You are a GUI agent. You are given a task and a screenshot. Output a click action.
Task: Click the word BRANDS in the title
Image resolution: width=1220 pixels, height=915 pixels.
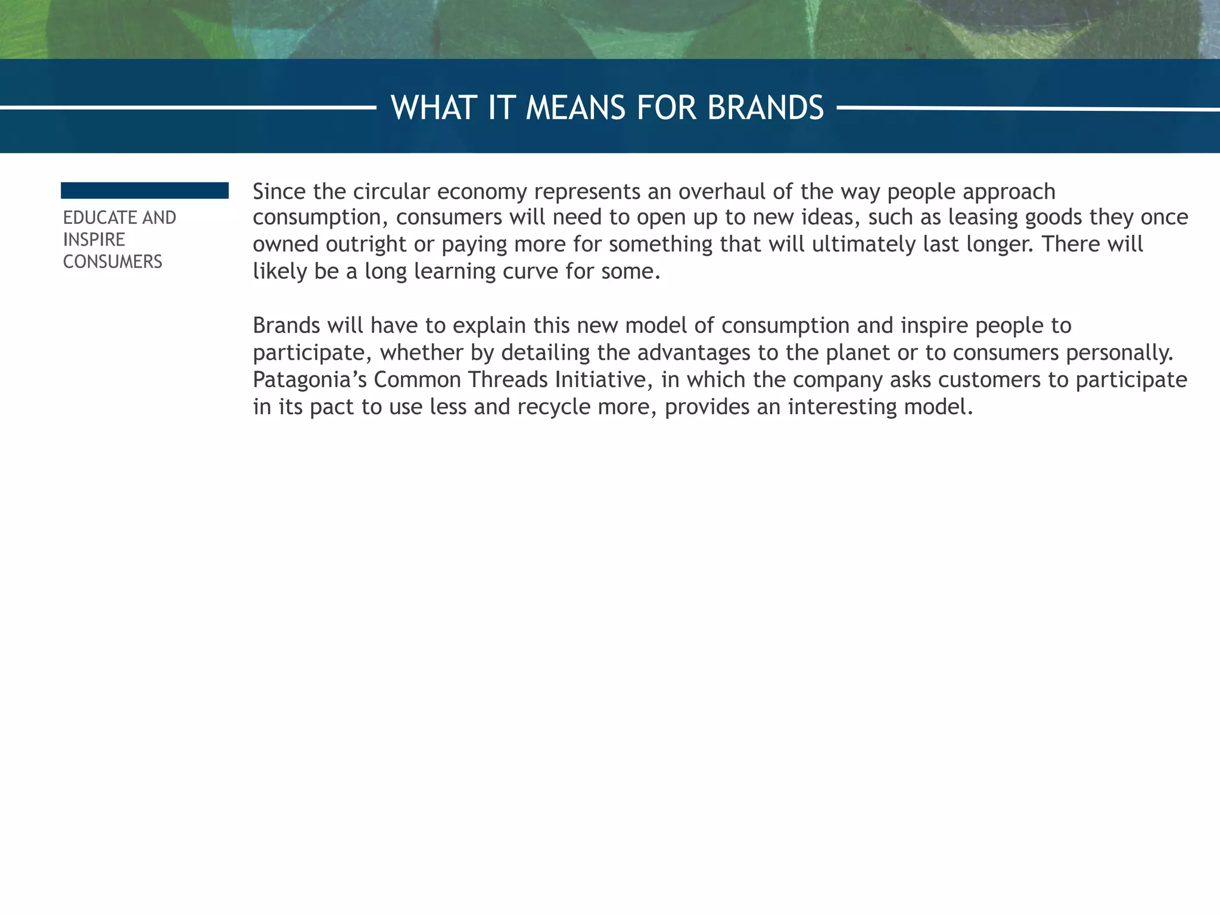[765, 108]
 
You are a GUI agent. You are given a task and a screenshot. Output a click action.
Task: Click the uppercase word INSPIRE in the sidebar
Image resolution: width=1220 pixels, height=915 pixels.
[94, 239]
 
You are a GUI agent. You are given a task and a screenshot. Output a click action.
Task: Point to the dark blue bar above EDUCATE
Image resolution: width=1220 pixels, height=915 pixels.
[145, 191]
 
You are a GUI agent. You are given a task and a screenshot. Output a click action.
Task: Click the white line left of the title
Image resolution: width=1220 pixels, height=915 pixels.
[188, 108]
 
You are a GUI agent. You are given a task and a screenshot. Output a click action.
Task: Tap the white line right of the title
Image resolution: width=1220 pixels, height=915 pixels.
[1028, 108]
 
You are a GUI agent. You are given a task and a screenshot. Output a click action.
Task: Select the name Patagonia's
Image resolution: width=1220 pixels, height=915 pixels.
[310, 379]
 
